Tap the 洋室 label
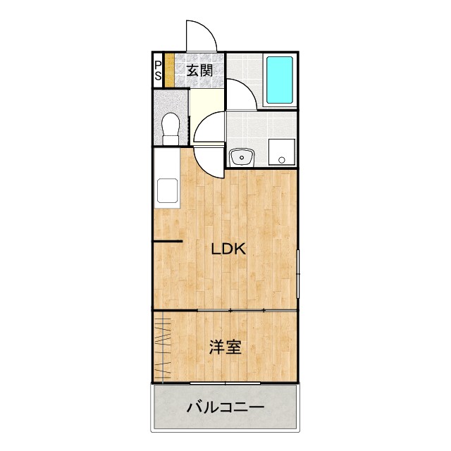pos(225,347)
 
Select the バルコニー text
pos(225,407)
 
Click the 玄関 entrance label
pos(199,70)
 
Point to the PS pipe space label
pos(158,70)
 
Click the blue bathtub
pos(278,80)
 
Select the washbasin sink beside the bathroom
pos(241,156)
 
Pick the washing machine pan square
pos(282,151)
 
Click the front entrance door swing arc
pos(199,35)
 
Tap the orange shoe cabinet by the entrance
pos(169,70)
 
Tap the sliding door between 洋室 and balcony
pos(225,383)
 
